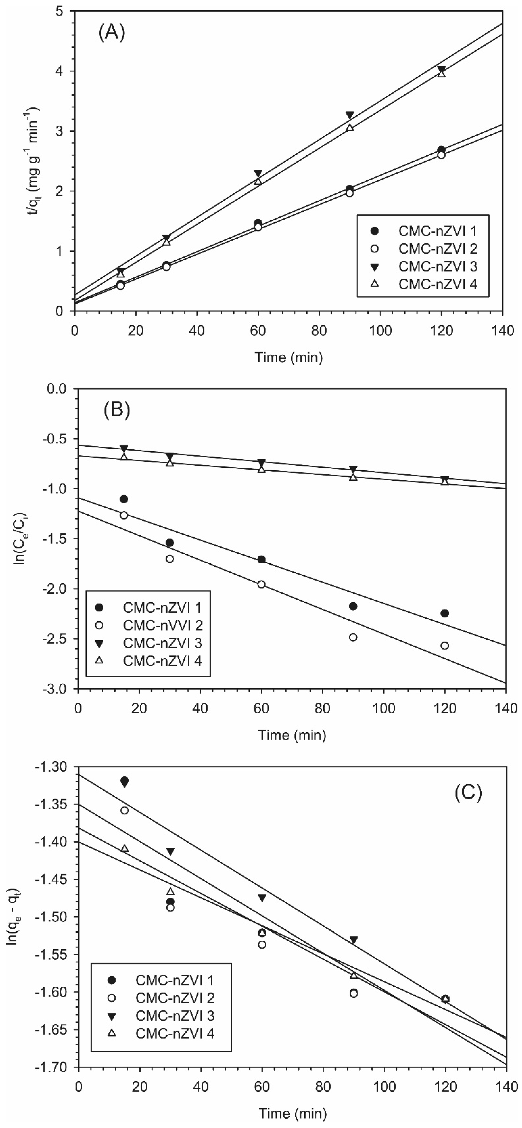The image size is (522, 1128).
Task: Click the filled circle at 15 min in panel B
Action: tap(124, 499)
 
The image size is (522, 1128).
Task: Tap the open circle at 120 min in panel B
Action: tap(444, 645)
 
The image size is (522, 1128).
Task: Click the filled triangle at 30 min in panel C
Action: tap(170, 851)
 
